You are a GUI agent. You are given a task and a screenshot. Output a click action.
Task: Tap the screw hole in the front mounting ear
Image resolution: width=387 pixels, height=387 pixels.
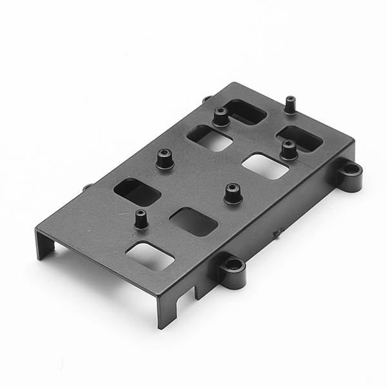click(233, 264)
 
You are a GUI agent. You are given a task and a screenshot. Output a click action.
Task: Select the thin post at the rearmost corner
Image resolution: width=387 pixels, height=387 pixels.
click(290, 104)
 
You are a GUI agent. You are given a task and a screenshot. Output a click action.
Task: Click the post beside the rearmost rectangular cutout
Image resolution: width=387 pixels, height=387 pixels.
click(221, 117)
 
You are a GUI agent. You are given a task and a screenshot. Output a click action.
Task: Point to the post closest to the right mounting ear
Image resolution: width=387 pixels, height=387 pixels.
click(288, 150)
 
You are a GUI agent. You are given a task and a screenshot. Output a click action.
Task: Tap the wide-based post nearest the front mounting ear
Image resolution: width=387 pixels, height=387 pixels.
click(233, 193)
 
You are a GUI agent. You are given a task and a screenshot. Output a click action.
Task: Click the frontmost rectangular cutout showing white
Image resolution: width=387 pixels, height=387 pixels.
click(150, 255)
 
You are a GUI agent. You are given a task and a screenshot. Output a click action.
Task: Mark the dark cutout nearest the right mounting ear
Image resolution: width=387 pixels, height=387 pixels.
click(299, 139)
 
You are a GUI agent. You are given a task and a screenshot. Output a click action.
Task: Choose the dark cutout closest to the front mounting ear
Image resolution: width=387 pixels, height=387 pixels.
click(193, 221)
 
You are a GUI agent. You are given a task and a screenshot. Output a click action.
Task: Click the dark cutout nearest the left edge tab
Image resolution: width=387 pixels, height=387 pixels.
click(137, 192)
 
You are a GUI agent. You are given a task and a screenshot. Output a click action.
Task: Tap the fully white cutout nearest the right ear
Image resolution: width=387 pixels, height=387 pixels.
click(265, 166)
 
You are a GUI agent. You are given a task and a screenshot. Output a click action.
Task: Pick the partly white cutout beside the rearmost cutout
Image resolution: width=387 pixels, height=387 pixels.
click(210, 137)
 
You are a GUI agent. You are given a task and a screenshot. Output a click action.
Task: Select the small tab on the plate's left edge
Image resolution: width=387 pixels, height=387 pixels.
click(88, 188)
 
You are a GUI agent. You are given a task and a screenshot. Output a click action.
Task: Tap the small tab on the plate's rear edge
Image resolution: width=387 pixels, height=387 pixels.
click(206, 99)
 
